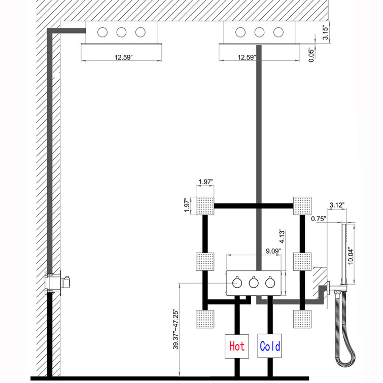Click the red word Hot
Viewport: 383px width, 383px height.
[x=237, y=346]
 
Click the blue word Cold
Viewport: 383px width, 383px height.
[x=270, y=346]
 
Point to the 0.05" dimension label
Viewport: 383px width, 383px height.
[x=310, y=55]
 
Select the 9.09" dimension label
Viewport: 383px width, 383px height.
[x=273, y=251]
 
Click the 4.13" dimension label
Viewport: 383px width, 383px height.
[x=282, y=236]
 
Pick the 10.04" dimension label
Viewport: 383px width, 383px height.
[x=350, y=256]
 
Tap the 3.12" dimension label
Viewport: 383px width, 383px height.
[x=337, y=205]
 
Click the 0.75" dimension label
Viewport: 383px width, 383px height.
[x=319, y=219]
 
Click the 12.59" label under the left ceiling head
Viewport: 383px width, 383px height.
[x=124, y=58]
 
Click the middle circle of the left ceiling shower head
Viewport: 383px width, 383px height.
[x=121, y=32]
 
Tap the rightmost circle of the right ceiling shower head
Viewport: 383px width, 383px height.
[x=278, y=32]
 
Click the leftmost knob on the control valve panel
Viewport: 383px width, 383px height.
[x=237, y=283]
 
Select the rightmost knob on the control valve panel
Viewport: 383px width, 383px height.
[x=270, y=283]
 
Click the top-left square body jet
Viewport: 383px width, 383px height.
[x=205, y=206]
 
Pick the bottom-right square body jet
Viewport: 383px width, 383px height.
[x=302, y=319]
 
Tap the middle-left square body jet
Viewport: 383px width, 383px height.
[x=205, y=262]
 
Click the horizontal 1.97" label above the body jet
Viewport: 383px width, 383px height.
[x=206, y=182]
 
